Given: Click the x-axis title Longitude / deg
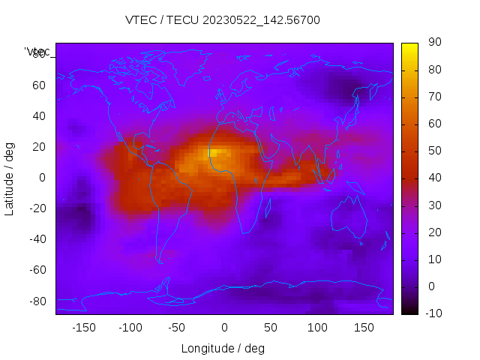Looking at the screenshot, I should (223, 349).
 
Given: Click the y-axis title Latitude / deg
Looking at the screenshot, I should (10, 178).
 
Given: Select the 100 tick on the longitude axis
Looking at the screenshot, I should (317, 328).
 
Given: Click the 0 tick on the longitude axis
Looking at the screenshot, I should (223, 328).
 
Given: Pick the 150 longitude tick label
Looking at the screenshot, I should (364, 328).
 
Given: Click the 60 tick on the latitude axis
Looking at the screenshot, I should (39, 85).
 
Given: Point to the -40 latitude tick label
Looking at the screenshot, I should (37, 239).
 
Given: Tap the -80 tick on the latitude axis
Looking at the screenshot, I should (37, 301).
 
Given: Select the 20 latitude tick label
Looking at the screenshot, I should (39, 146).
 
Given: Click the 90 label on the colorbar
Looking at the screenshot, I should (433, 43).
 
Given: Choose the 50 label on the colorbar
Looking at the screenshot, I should (433, 151).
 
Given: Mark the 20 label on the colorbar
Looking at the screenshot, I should (433, 232).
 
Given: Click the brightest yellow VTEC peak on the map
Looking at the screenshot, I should (214, 154).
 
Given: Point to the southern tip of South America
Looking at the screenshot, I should (160, 261).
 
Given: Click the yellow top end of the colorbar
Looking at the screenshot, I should (409, 47).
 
